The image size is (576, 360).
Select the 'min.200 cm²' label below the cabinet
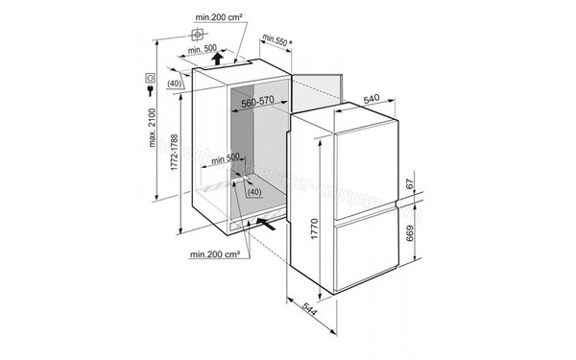214,254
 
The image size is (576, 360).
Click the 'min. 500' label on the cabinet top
203,49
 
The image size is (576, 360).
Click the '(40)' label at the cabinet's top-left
174,84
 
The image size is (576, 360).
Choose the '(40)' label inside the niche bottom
253,193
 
